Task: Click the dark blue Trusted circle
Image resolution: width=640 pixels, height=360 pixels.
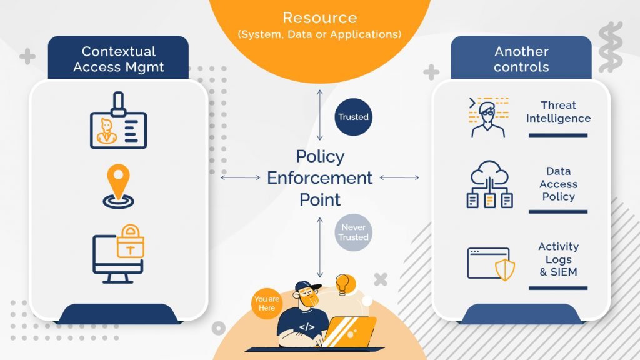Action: point(354,117)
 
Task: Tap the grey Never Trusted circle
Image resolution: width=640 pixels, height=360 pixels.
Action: point(354,232)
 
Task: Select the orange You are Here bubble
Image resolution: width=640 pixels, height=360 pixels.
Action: point(267,303)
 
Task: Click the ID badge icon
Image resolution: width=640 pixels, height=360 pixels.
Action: point(118,120)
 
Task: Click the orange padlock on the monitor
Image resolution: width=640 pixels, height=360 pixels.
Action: point(131,242)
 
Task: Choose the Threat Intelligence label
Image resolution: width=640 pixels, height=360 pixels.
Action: point(558,111)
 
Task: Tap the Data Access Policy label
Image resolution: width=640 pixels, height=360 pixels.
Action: point(558,184)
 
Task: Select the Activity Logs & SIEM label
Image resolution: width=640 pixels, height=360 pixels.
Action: point(558,259)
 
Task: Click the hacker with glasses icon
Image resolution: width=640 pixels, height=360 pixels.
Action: point(488,117)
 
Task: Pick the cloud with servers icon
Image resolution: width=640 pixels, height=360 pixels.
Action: point(490,184)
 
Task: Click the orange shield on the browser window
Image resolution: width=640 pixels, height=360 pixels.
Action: point(505,269)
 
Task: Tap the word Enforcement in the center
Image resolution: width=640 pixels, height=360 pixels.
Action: point(319,178)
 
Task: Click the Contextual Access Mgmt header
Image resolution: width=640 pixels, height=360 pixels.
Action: point(118,59)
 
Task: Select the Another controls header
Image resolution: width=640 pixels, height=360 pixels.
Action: point(521,59)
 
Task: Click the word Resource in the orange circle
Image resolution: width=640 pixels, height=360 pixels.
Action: point(319,17)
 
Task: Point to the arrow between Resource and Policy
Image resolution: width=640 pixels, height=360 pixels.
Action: point(320,115)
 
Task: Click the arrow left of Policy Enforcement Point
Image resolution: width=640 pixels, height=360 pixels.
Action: point(241,177)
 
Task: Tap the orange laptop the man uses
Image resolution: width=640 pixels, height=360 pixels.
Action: point(349,332)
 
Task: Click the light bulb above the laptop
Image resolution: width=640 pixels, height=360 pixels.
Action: point(343,284)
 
